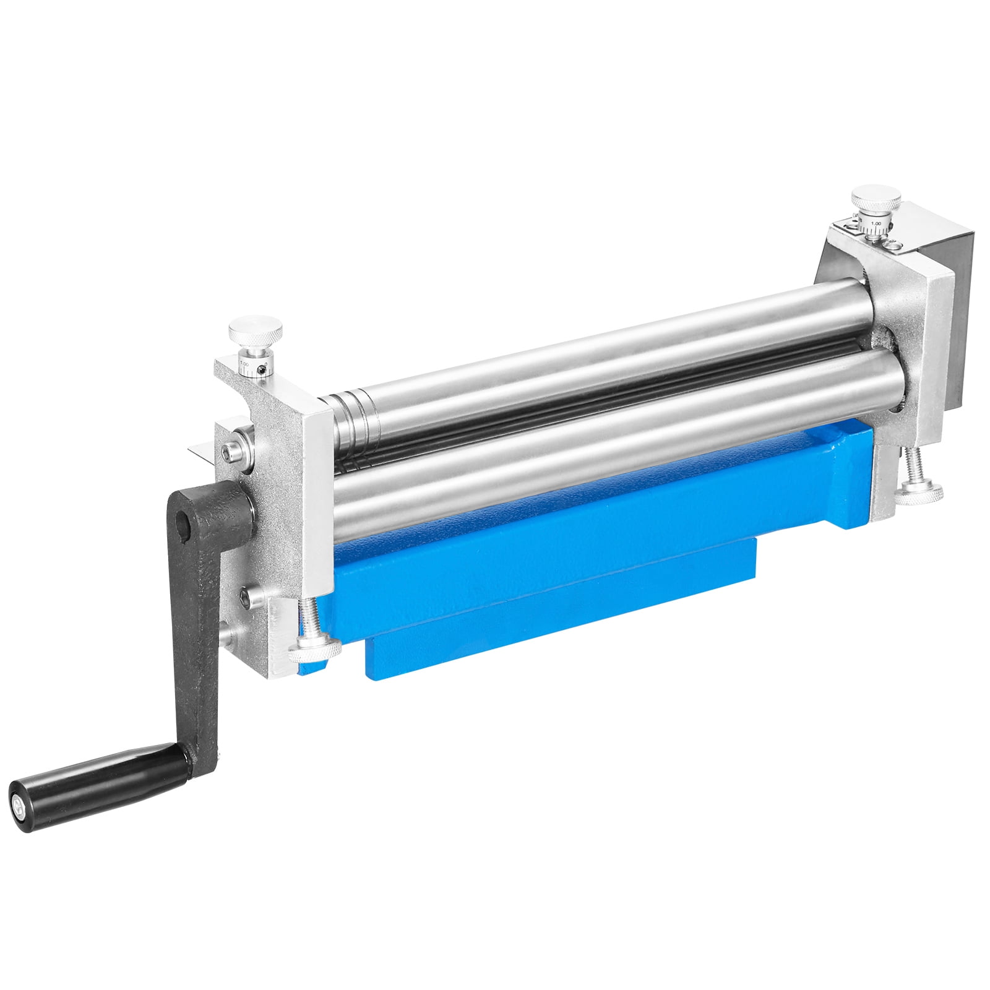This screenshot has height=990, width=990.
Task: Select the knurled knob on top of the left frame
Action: point(256,334)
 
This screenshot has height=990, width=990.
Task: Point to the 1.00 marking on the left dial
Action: point(244,364)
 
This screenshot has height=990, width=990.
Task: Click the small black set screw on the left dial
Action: point(264,369)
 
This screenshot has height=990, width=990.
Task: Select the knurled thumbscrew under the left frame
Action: point(315,648)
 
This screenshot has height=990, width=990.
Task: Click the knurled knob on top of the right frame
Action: point(876,200)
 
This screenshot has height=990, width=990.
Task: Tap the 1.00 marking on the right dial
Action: point(876,223)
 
